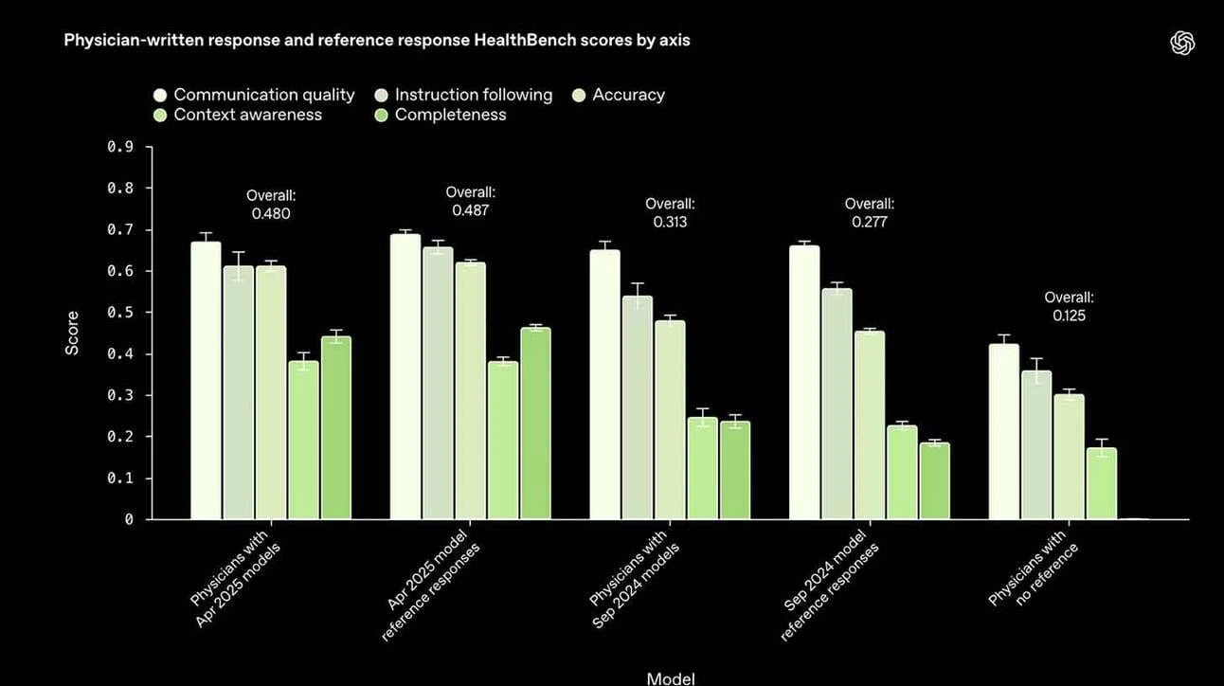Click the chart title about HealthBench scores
[377, 40]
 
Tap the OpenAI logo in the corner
[1182, 43]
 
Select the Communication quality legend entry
[254, 95]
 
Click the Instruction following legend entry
[463, 95]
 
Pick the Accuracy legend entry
[619, 95]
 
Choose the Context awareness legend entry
[238, 115]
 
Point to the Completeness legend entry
[441, 115]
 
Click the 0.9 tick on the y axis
[120, 147]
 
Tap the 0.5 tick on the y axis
[120, 313]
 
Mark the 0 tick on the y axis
[129, 519]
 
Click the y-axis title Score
[72, 334]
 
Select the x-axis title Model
[671, 678]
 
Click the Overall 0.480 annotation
[271, 205]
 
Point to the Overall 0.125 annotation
[1069, 306]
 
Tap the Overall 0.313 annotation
[670, 213]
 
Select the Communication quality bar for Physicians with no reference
[1004, 432]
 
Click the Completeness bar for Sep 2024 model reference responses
[934, 481]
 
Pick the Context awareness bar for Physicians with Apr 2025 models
[303, 441]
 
